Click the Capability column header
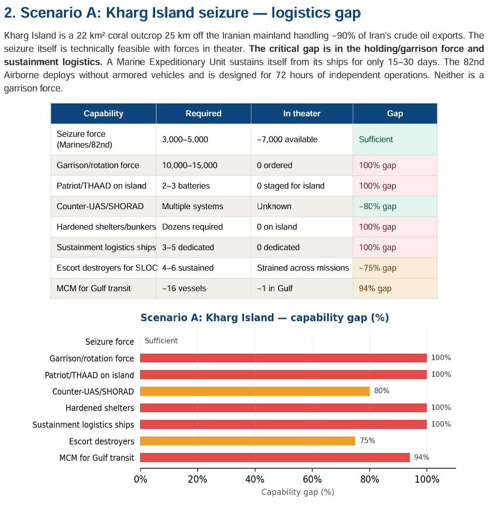point(103,113)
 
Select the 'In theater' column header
point(302,113)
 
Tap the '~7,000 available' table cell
point(287,139)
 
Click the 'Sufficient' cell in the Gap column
point(376,139)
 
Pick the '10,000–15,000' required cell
point(190,165)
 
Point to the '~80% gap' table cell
point(377,206)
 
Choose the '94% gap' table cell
point(375,288)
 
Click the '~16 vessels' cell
point(184,288)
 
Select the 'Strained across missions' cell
point(303,268)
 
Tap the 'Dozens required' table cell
point(192,227)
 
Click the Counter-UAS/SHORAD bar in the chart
point(255,391)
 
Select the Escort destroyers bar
point(247,441)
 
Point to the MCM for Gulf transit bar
point(275,457)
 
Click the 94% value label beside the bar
point(422,457)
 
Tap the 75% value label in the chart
point(368,441)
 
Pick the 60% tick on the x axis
point(312,479)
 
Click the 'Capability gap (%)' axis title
point(298,492)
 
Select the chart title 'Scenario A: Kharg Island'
point(265,318)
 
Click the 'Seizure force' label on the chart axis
point(110,341)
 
